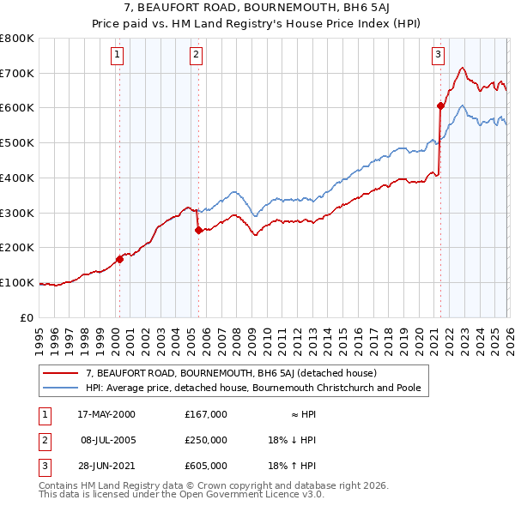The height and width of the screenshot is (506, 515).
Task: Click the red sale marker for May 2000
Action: (x=119, y=259)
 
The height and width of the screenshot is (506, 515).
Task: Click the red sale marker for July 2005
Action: (x=198, y=230)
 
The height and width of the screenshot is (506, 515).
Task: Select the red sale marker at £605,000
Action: (x=439, y=106)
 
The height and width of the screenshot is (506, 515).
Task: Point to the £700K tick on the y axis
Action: (x=17, y=73)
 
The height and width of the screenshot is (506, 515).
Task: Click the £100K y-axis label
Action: (x=17, y=282)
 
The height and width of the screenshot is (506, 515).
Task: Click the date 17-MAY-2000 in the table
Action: (x=106, y=414)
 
